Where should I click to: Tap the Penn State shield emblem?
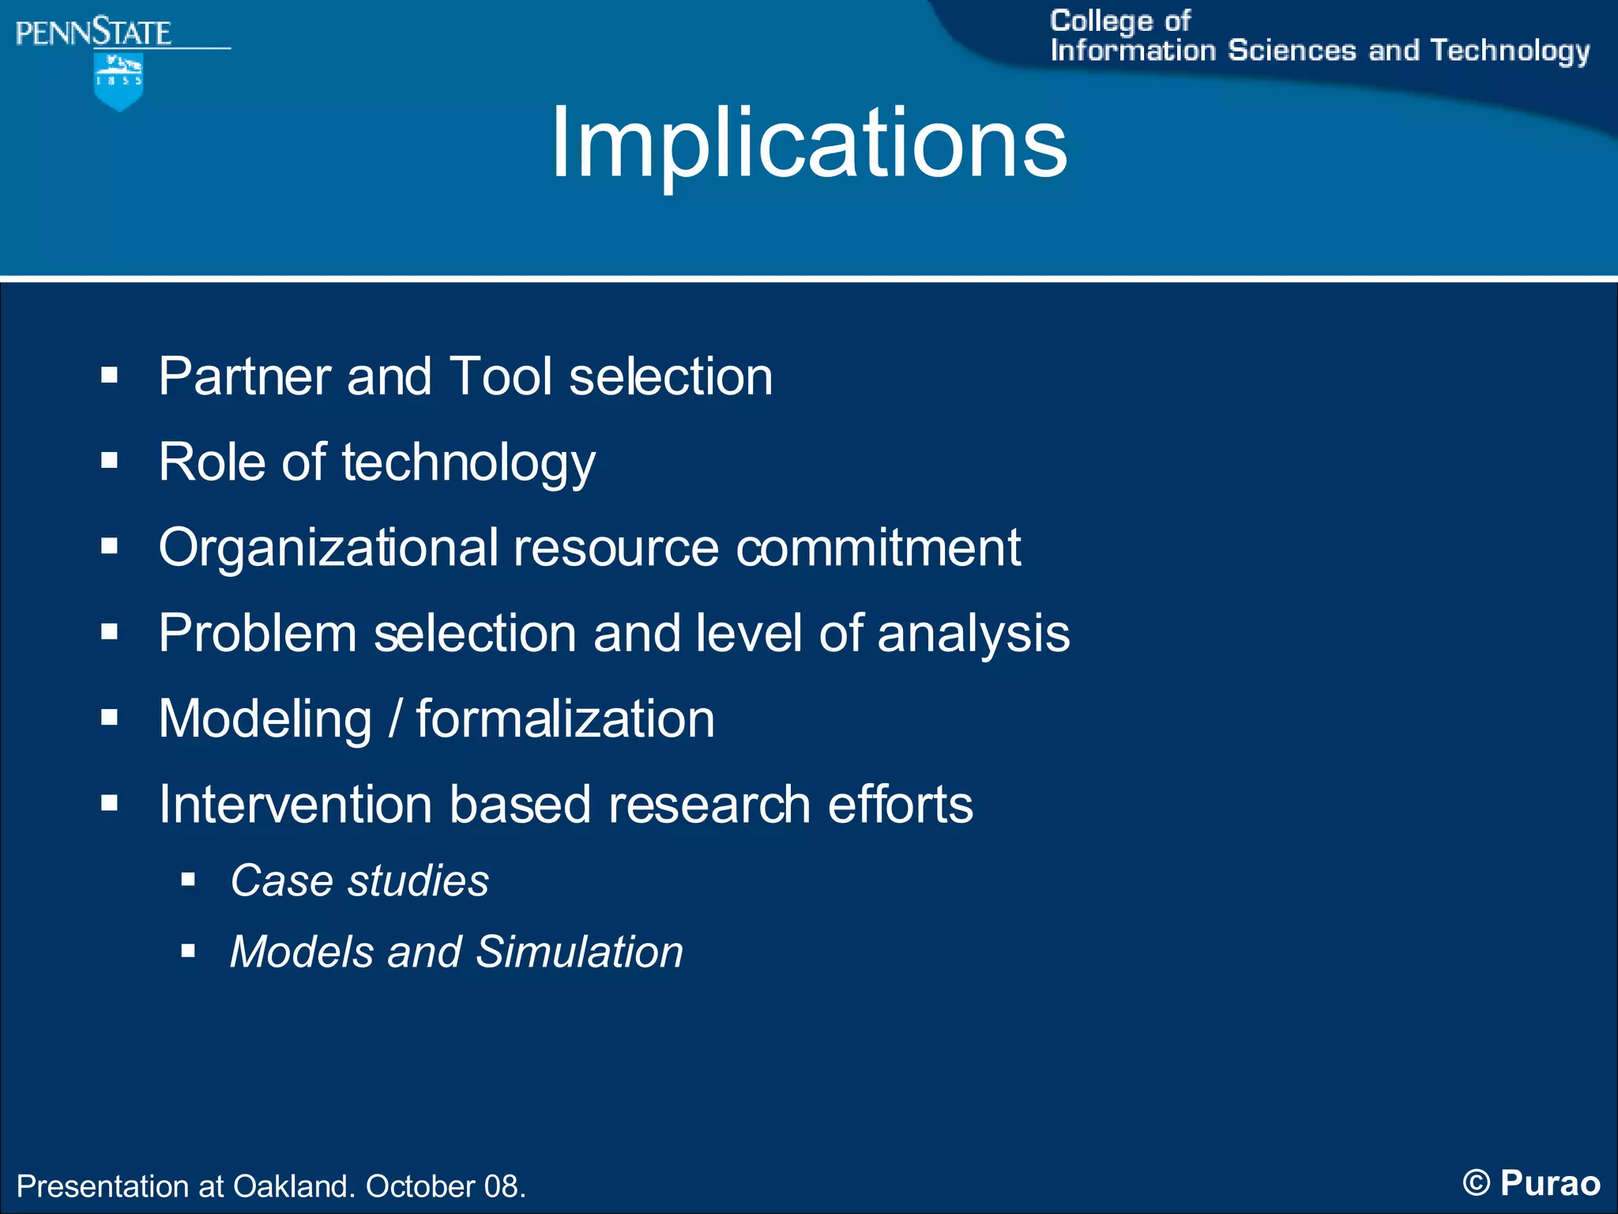pyautogui.click(x=119, y=81)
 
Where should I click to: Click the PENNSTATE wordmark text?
pyautogui.click(x=93, y=33)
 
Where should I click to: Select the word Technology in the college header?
pyautogui.click(x=1510, y=51)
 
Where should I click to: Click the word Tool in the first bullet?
pyautogui.click(x=500, y=376)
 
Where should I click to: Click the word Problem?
pyautogui.click(x=258, y=633)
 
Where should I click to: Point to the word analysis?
pyautogui.click(x=973, y=635)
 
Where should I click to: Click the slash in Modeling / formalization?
pyautogui.click(x=394, y=719)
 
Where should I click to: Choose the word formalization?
pyautogui.click(x=565, y=719)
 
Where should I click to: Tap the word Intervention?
pyautogui.click(x=295, y=805)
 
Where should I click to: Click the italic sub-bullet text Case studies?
pyautogui.click(x=359, y=880)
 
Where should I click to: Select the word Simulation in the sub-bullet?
pyautogui.click(x=579, y=952)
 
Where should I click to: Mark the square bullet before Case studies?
pyautogui.click(x=188, y=880)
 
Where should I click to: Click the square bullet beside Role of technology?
pyautogui.click(x=109, y=461)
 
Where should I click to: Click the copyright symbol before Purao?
pyautogui.click(x=1476, y=1183)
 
